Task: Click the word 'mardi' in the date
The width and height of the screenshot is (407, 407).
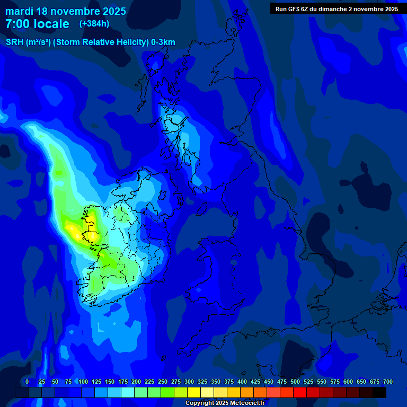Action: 19,11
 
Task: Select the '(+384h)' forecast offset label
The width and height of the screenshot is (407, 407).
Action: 94,24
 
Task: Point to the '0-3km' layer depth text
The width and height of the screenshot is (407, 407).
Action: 163,42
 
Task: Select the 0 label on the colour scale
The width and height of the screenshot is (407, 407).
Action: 27,382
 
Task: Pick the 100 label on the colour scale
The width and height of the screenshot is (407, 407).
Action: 83,382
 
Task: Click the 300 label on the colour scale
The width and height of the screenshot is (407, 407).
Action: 189,382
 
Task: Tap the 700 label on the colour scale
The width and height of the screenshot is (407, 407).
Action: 387,382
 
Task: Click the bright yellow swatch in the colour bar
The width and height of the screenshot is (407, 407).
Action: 194,392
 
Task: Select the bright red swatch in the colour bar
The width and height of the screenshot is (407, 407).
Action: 300,392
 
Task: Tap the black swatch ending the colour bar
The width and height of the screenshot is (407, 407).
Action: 379,392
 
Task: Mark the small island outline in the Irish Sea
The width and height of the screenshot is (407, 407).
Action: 234,262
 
